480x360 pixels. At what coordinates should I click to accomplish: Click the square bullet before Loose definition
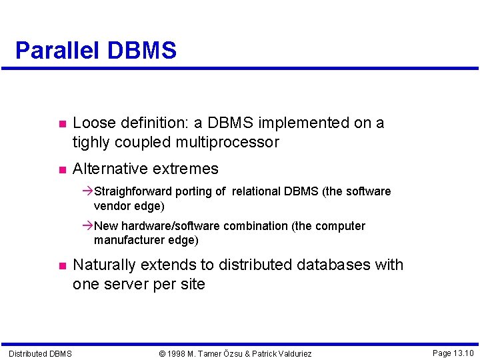pos(61,124)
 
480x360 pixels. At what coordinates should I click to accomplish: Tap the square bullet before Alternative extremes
pos(61,170)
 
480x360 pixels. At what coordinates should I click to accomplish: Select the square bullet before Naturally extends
pos(61,266)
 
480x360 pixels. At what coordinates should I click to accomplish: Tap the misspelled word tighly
pos(91,142)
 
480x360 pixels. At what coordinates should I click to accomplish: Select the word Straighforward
pos(137,192)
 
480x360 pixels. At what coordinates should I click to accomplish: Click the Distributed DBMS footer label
pos(40,353)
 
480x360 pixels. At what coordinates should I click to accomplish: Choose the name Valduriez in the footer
pos(290,353)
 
